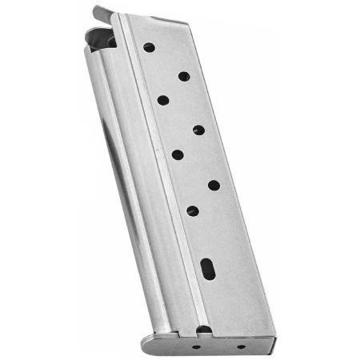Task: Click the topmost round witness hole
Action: (x=149, y=47)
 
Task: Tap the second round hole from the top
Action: (x=184, y=77)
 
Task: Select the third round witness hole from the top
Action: (x=163, y=100)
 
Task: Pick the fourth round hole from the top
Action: (x=198, y=130)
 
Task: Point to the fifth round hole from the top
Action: (x=178, y=154)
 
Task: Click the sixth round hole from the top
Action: (x=214, y=185)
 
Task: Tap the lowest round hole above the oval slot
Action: (x=193, y=210)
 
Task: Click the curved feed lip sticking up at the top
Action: (x=102, y=13)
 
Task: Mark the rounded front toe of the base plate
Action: (x=148, y=345)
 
